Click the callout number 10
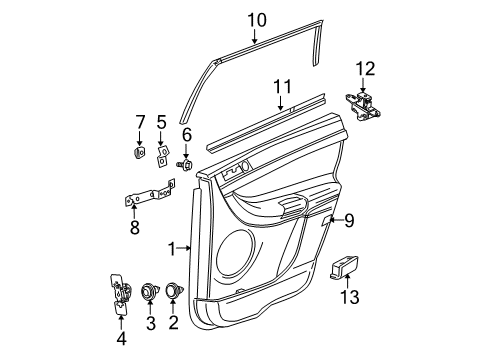pyautogui.click(x=257, y=18)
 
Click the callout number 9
pyautogui.click(x=349, y=220)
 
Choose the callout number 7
pyautogui.click(x=140, y=123)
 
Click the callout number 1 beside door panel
pyautogui.click(x=171, y=247)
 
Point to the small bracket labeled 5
pyautogui.click(x=161, y=153)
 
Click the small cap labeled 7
pyautogui.click(x=140, y=153)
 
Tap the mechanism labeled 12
pyautogui.click(x=364, y=106)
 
